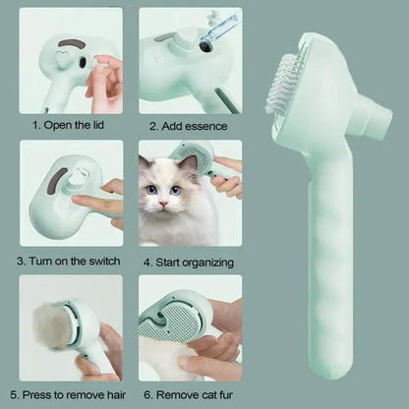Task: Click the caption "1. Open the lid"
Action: (68, 125)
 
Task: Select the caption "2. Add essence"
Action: (188, 126)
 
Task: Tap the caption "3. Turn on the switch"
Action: (69, 262)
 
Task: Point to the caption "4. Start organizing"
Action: (189, 263)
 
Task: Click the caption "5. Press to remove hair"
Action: (68, 395)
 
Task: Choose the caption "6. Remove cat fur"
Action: (188, 395)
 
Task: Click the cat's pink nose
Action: (163, 204)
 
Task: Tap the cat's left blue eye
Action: (151, 190)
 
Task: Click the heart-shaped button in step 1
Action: (60, 59)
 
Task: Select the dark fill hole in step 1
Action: (83, 63)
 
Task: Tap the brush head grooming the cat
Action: (195, 159)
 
